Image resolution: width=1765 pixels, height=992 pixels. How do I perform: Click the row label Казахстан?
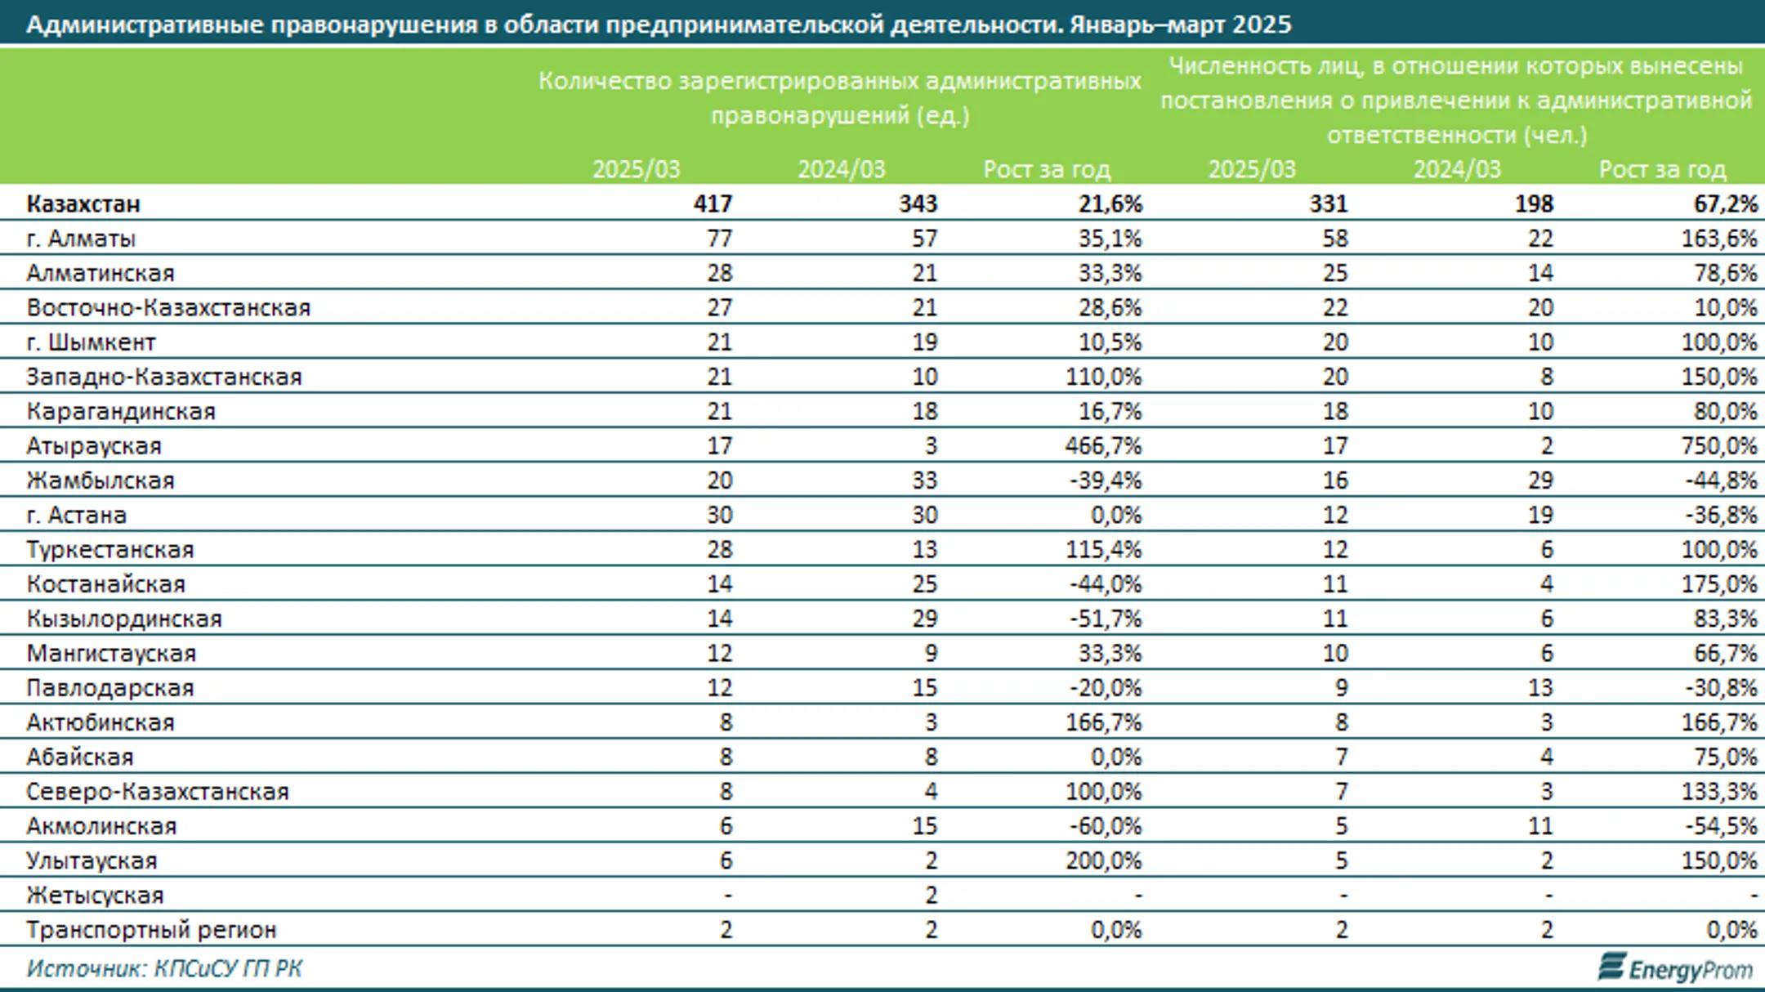coord(83,203)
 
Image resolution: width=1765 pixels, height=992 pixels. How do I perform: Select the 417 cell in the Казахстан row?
coord(713,203)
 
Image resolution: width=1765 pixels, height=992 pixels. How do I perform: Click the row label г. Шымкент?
coord(91,342)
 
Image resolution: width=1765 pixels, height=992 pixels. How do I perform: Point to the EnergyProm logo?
coord(1676,968)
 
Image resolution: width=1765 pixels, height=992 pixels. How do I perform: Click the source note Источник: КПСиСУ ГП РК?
coord(164,968)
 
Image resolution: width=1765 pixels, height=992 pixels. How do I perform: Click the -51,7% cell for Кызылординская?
coord(1106,619)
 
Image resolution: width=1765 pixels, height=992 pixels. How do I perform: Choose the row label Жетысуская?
coord(95,895)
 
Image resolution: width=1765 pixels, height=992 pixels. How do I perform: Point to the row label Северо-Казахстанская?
coord(158,791)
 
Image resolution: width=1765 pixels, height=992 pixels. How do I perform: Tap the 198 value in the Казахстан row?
coord(1533,203)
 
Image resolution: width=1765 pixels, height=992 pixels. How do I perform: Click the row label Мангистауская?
coord(111,653)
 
